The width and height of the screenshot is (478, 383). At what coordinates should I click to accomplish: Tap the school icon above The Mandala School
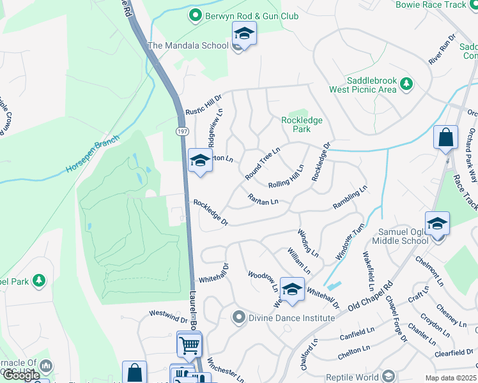(x=243, y=33)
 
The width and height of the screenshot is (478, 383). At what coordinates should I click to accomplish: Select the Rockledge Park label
(x=302, y=124)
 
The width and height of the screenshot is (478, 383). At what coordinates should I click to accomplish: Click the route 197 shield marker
(x=182, y=130)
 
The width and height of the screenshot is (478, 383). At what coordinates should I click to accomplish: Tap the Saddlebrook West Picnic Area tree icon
(x=405, y=83)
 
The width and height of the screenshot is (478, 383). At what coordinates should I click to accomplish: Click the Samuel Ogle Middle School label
(x=396, y=236)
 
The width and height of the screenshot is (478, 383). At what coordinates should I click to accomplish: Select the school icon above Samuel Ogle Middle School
(x=437, y=224)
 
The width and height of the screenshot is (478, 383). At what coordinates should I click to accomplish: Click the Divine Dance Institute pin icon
(x=239, y=317)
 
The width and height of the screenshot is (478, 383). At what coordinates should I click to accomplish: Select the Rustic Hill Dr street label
(x=203, y=105)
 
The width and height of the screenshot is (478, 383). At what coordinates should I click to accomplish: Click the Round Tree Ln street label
(x=263, y=163)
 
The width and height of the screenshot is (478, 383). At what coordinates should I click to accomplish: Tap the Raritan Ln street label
(x=263, y=201)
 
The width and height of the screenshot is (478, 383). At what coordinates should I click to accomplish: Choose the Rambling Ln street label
(x=350, y=198)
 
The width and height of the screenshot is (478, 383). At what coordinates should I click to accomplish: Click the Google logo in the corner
(x=21, y=375)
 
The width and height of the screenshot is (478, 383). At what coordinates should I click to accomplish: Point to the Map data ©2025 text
(x=451, y=378)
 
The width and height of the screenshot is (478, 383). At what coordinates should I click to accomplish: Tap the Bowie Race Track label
(x=440, y=5)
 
